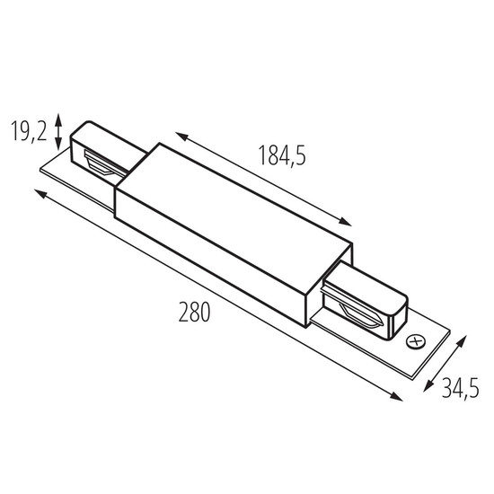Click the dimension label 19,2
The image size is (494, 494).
(x=29, y=131)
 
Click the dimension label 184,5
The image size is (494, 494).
(x=282, y=155)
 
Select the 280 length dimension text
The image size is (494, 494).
(x=194, y=312)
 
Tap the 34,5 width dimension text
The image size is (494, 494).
(x=460, y=388)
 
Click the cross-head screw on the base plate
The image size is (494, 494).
(x=416, y=342)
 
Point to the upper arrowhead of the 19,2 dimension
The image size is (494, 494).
(x=58, y=119)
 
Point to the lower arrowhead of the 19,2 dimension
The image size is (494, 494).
(x=58, y=145)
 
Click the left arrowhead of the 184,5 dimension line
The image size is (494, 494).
(x=181, y=137)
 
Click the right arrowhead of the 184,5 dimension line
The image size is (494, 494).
(x=345, y=222)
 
